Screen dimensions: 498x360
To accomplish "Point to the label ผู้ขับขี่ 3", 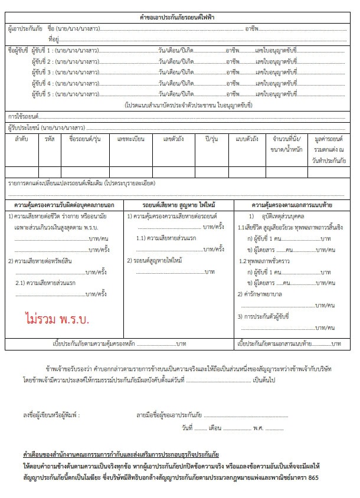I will coord(43,72).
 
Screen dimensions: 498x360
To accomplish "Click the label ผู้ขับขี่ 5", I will coord(43,93).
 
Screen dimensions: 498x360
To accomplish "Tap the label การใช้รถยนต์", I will coord(23,116).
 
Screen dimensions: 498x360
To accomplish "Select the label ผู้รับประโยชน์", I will coord(24,127).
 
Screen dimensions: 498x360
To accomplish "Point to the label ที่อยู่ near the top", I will coord(53,37).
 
